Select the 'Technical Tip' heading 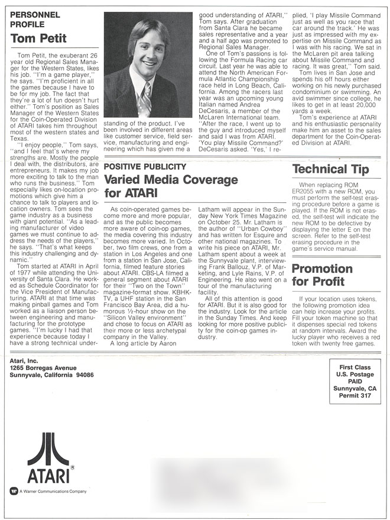coord(330,169)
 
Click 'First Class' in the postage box coord(356,367)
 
